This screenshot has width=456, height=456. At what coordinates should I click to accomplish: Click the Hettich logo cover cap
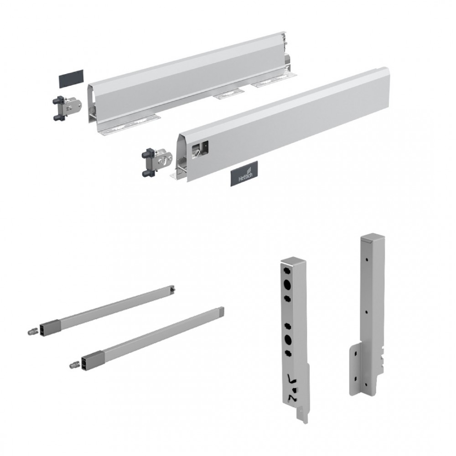click(244, 174)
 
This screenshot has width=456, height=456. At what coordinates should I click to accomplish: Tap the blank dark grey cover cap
click(72, 78)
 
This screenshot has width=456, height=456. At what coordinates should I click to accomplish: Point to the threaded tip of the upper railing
click(32, 332)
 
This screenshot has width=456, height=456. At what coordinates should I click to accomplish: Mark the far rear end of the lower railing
click(222, 311)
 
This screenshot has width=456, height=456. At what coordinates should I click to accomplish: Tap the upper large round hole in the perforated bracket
click(286, 284)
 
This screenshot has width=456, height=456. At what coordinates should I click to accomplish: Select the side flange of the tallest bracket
click(355, 369)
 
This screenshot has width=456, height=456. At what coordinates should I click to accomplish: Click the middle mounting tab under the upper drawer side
click(228, 94)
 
